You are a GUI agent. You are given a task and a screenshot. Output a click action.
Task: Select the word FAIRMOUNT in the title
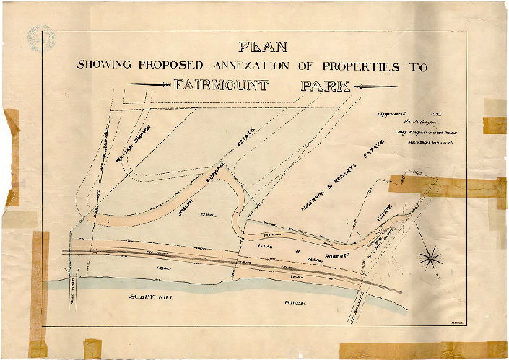tap(222, 85)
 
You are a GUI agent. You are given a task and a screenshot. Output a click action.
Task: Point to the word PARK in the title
tap(326, 85)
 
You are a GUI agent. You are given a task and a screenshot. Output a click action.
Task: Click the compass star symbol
tap(432, 255)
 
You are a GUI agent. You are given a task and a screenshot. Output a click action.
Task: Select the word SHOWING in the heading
tap(103, 66)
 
